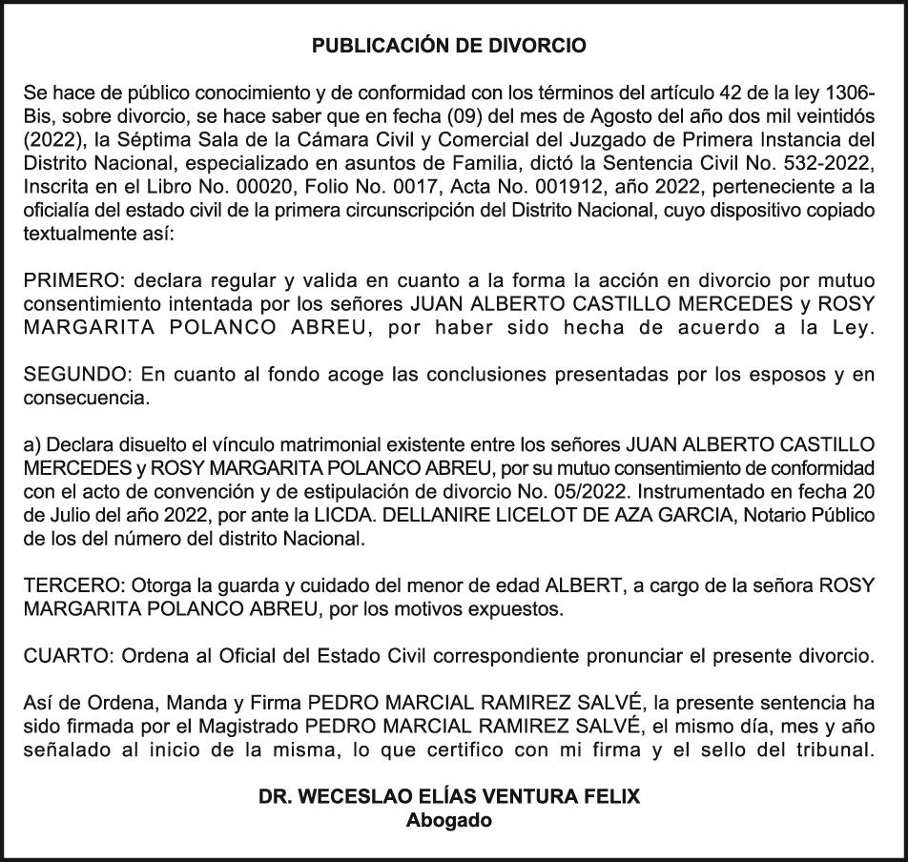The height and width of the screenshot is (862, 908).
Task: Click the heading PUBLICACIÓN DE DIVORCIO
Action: [449, 45]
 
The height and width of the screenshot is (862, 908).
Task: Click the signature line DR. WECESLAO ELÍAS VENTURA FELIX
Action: [449, 795]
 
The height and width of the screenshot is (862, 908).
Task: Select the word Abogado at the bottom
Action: [449, 819]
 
